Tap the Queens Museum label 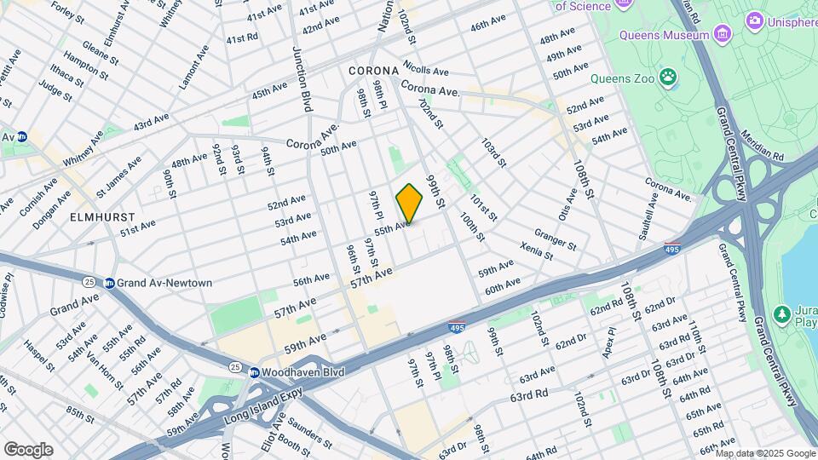[665, 35]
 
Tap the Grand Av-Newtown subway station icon [110, 283]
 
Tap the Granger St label [556, 238]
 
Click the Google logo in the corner [27, 449]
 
